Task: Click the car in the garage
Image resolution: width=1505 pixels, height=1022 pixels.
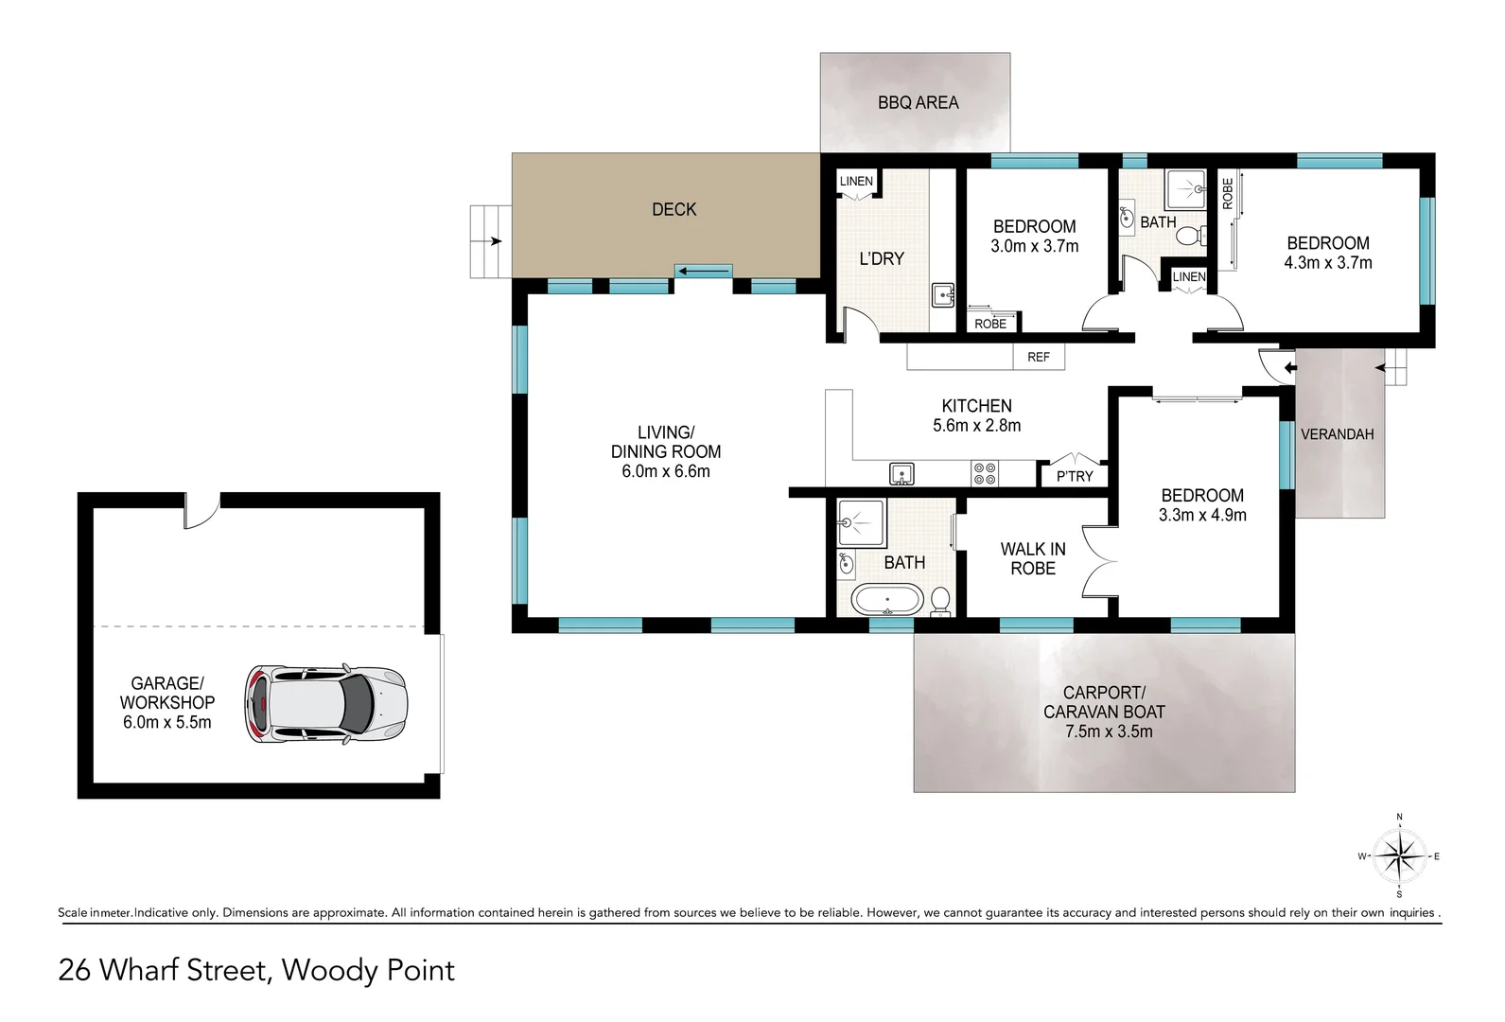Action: point(325,704)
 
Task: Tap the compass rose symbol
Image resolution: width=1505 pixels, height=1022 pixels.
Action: point(1399,856)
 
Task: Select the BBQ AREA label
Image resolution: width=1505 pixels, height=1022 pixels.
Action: point(918,103)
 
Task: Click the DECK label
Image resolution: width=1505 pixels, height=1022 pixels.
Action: point(674,210)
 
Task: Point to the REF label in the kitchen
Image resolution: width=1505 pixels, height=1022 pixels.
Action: point(1038,357)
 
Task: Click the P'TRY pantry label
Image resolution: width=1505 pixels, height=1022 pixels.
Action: point(1075,476)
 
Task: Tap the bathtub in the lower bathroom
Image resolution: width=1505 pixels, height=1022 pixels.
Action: point(887,599)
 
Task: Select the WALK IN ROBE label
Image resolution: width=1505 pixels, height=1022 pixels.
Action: point(1033,558)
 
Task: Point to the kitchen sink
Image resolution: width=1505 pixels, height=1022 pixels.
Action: point(901,474)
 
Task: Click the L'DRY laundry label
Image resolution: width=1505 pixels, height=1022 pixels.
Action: point(882,258)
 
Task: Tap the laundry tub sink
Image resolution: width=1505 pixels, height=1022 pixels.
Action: point(943,295)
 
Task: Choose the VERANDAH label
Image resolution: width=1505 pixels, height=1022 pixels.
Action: point(1337,434)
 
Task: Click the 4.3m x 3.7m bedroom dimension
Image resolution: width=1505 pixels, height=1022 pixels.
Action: point(1327,263)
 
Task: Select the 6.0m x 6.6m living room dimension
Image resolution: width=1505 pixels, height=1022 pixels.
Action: point(665,471)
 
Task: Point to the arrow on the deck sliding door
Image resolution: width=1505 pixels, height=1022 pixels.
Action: point(704,272)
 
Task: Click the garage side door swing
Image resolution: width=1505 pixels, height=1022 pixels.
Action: point(201,512)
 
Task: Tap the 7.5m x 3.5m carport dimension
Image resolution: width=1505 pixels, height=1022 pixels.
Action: point(1109,731)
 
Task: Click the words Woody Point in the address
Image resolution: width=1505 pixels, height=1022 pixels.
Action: point(368,970)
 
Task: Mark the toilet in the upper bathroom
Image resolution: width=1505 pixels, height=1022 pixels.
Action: point(1191,236)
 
